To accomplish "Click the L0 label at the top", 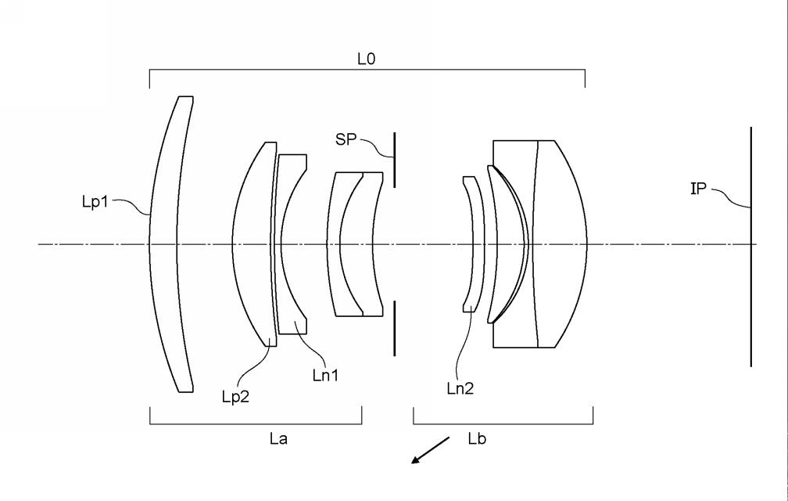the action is coord(366,59).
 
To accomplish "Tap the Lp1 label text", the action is coord(95,202).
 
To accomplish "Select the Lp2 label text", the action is coord(235,397).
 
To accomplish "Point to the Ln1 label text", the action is coord(325,375).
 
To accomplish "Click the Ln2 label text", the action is coord(460,388).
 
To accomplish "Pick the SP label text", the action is coord(346,139).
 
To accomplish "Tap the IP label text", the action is coord(698,189).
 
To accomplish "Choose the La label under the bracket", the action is coord(278,438).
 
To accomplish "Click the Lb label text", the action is coord(477,438).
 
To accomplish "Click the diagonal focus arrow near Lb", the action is coord(430,450).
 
